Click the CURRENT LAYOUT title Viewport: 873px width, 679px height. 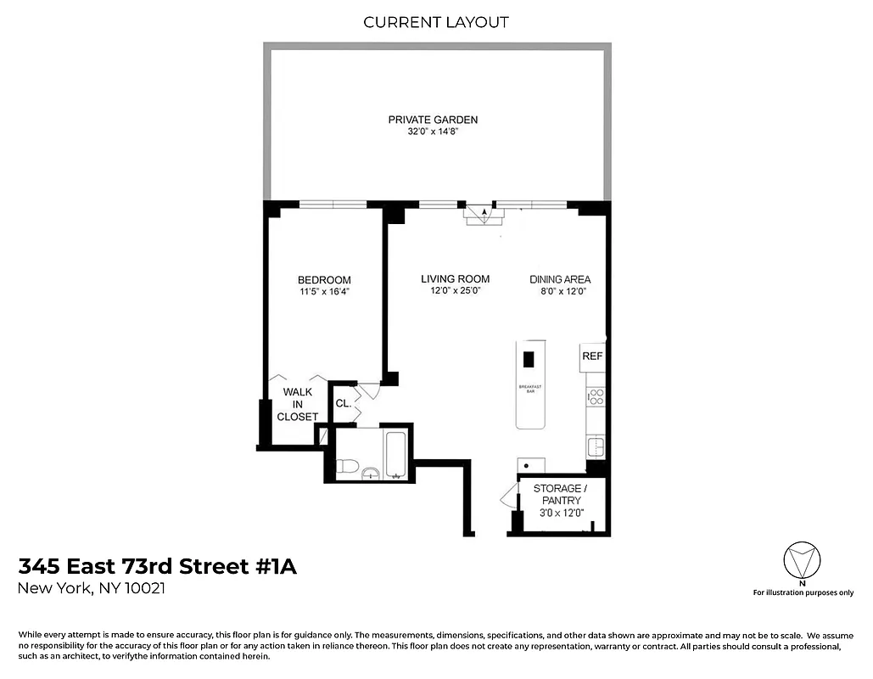(x=436, y=22)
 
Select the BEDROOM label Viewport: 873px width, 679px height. (x=324, y=280)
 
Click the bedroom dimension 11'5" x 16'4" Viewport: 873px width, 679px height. (x=324, y=292)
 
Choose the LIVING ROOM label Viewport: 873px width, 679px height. (x=456, y=278)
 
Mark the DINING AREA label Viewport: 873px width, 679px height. (x=560, y=279)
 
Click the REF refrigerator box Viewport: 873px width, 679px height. (x=592, y=356)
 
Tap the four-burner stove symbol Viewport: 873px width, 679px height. (x=595, y=396)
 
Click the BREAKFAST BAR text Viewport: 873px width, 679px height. (x=531, y=390)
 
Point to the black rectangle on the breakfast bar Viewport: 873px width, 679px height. (x=529, y=359)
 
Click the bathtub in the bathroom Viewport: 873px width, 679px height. (x=397, y=457)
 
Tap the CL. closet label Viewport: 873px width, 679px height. (x=344, y=404)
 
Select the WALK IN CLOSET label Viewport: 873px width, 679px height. (x=298, y=404)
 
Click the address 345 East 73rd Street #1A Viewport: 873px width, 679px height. (x=158, y=567)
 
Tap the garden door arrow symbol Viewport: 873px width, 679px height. (x=484, y=214)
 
